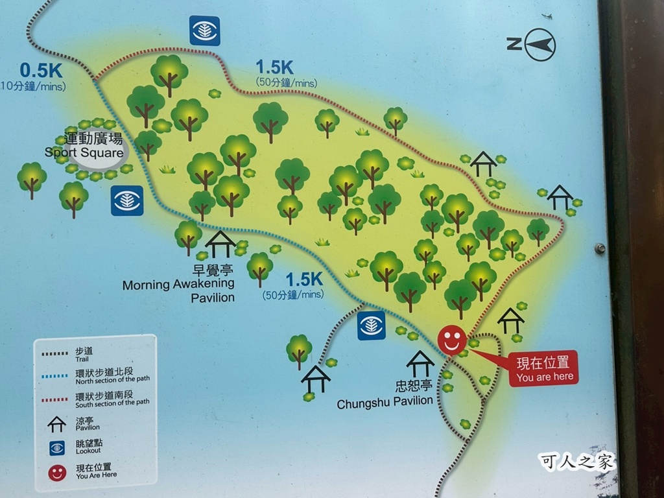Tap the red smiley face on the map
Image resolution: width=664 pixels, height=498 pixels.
coord(452,340)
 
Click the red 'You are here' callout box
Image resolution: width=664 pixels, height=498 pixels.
coord(543,369)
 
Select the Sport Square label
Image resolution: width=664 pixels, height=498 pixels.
coord(84,147)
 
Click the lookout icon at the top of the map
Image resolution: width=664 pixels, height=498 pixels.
coord(204,30)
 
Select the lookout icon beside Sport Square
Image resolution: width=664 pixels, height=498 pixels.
coord(126,200)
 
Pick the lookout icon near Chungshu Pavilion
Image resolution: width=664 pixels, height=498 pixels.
coord(372,326)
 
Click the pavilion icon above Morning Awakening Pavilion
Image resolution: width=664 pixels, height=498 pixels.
coord(220,244)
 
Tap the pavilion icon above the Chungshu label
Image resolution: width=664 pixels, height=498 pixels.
coord(420,364)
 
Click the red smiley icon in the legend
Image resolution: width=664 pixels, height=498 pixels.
coord(57,472)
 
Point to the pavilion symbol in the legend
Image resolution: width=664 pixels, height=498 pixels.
coord(57,423)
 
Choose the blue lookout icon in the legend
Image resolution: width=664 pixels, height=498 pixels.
coord(57,447)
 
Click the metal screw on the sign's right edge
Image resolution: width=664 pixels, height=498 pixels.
coord(600,248)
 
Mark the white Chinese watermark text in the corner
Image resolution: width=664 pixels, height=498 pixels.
coord(576,461)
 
